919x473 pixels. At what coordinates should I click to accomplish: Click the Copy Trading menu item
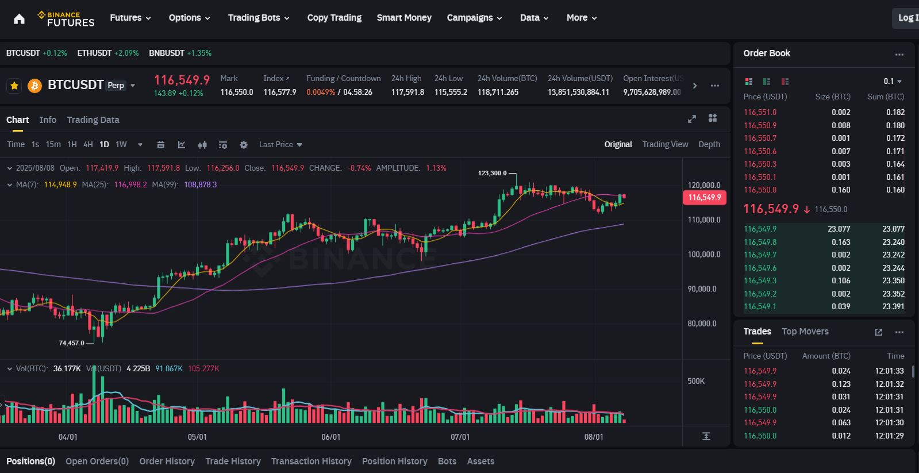(334, 18)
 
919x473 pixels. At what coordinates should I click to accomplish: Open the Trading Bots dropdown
(258, 18)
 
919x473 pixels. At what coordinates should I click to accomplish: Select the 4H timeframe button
(88, 145)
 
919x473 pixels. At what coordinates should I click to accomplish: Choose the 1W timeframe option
(121, 145)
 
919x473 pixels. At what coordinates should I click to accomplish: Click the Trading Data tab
(93, 120)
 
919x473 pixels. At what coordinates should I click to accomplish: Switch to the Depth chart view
(709, 145)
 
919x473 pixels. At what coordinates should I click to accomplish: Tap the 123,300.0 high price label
(493, 173)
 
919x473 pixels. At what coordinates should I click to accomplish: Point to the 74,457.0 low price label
(71, 343)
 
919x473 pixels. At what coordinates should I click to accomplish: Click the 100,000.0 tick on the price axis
(703, 255)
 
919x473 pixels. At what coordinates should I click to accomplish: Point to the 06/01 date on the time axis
(330, 437)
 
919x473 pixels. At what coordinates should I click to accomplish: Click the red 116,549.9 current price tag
(704, 198)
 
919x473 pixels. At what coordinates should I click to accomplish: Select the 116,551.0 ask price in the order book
(760, 113)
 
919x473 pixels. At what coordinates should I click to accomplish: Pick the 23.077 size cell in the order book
(839, 229)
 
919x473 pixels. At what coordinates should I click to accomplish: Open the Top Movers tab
(805, 332)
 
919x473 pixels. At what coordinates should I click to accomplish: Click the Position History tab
(394, 462)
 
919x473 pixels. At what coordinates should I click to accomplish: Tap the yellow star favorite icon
(14, 86)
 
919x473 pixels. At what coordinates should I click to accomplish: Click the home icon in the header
(19, 19)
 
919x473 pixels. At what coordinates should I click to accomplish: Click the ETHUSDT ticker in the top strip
(94, 53)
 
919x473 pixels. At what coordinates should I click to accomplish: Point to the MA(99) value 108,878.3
(200, 185)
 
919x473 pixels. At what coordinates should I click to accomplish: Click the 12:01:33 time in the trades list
(889, 371)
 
